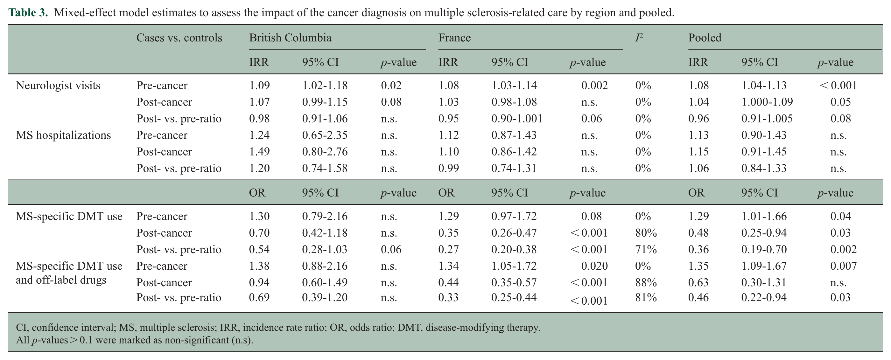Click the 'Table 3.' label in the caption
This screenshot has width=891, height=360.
[x=28, y=12]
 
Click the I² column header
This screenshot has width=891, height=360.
[x=639, y=37]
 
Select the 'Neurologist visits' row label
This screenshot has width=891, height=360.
[x=58, y=85]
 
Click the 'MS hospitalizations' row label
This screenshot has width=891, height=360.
[x=63, y=135]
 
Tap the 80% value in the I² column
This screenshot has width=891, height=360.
[x=646, y=233]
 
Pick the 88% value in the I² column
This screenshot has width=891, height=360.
[x=646, y=282]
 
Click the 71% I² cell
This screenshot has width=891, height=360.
[x=646, y=249]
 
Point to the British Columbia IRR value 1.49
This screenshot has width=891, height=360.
[x=259, y=151]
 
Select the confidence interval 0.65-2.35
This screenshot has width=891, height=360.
[x=325, y=135]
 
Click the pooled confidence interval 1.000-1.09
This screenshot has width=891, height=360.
[x=767, y=102]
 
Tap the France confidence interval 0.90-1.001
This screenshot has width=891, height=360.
[x=517, y=118]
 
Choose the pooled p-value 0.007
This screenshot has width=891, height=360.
[x=844, y=266]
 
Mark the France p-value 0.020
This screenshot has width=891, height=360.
[x=594, y=266]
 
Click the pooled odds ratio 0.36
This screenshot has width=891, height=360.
[x=698, y=249]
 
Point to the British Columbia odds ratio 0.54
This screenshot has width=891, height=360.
[x=259, y=249]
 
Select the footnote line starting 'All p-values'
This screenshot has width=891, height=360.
[x=135, y=340]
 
